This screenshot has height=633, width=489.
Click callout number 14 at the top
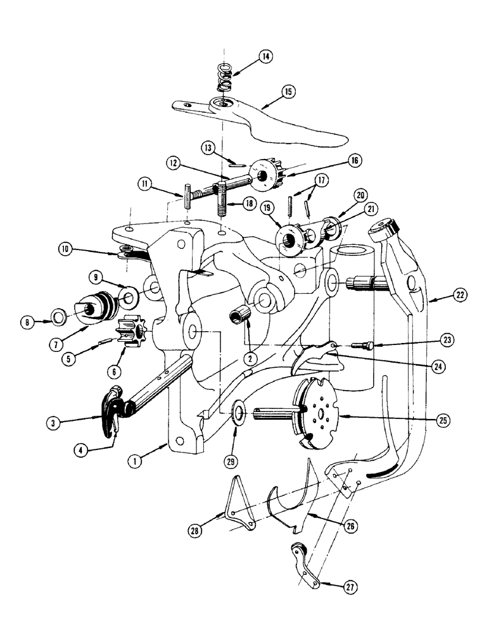click(x=265, y=57)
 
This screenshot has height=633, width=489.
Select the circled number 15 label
click(x=288, y=92)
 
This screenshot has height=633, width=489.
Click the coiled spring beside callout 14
click(x=224, y=75)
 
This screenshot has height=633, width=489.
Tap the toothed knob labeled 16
click(x=268, y=173)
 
